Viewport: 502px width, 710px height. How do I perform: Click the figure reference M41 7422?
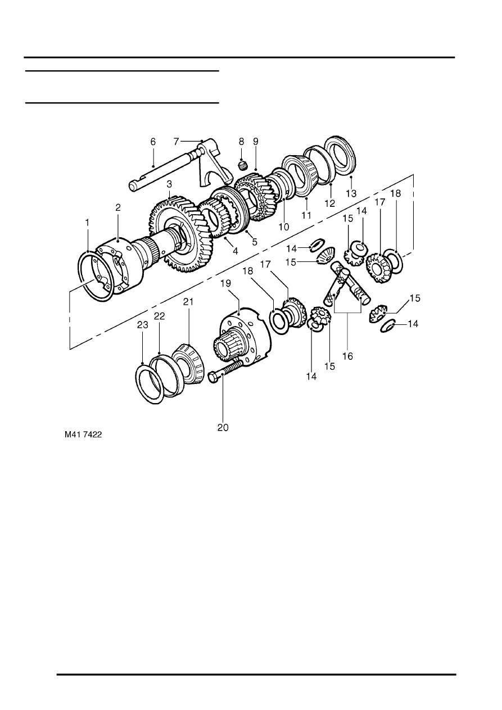click(85, 434)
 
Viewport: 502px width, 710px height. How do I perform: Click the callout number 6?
click(153, 142)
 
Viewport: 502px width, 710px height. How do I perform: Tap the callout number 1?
click(87, 223)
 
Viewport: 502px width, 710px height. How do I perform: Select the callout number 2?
click(118, 207)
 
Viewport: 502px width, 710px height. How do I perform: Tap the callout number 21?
click(188, 302)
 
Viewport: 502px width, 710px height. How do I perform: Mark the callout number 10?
click(284, 227)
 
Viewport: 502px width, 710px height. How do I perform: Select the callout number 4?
click(236, 251)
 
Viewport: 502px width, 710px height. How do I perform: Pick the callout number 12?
click(330, 202)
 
